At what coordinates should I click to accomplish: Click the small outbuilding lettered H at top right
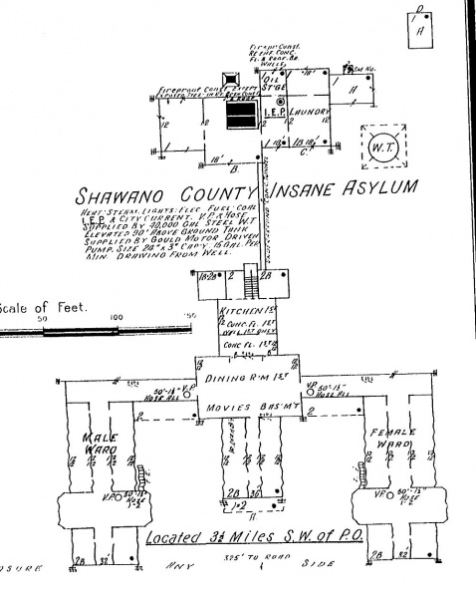coord(421,27)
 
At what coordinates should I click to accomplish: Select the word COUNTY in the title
coord(217,191)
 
